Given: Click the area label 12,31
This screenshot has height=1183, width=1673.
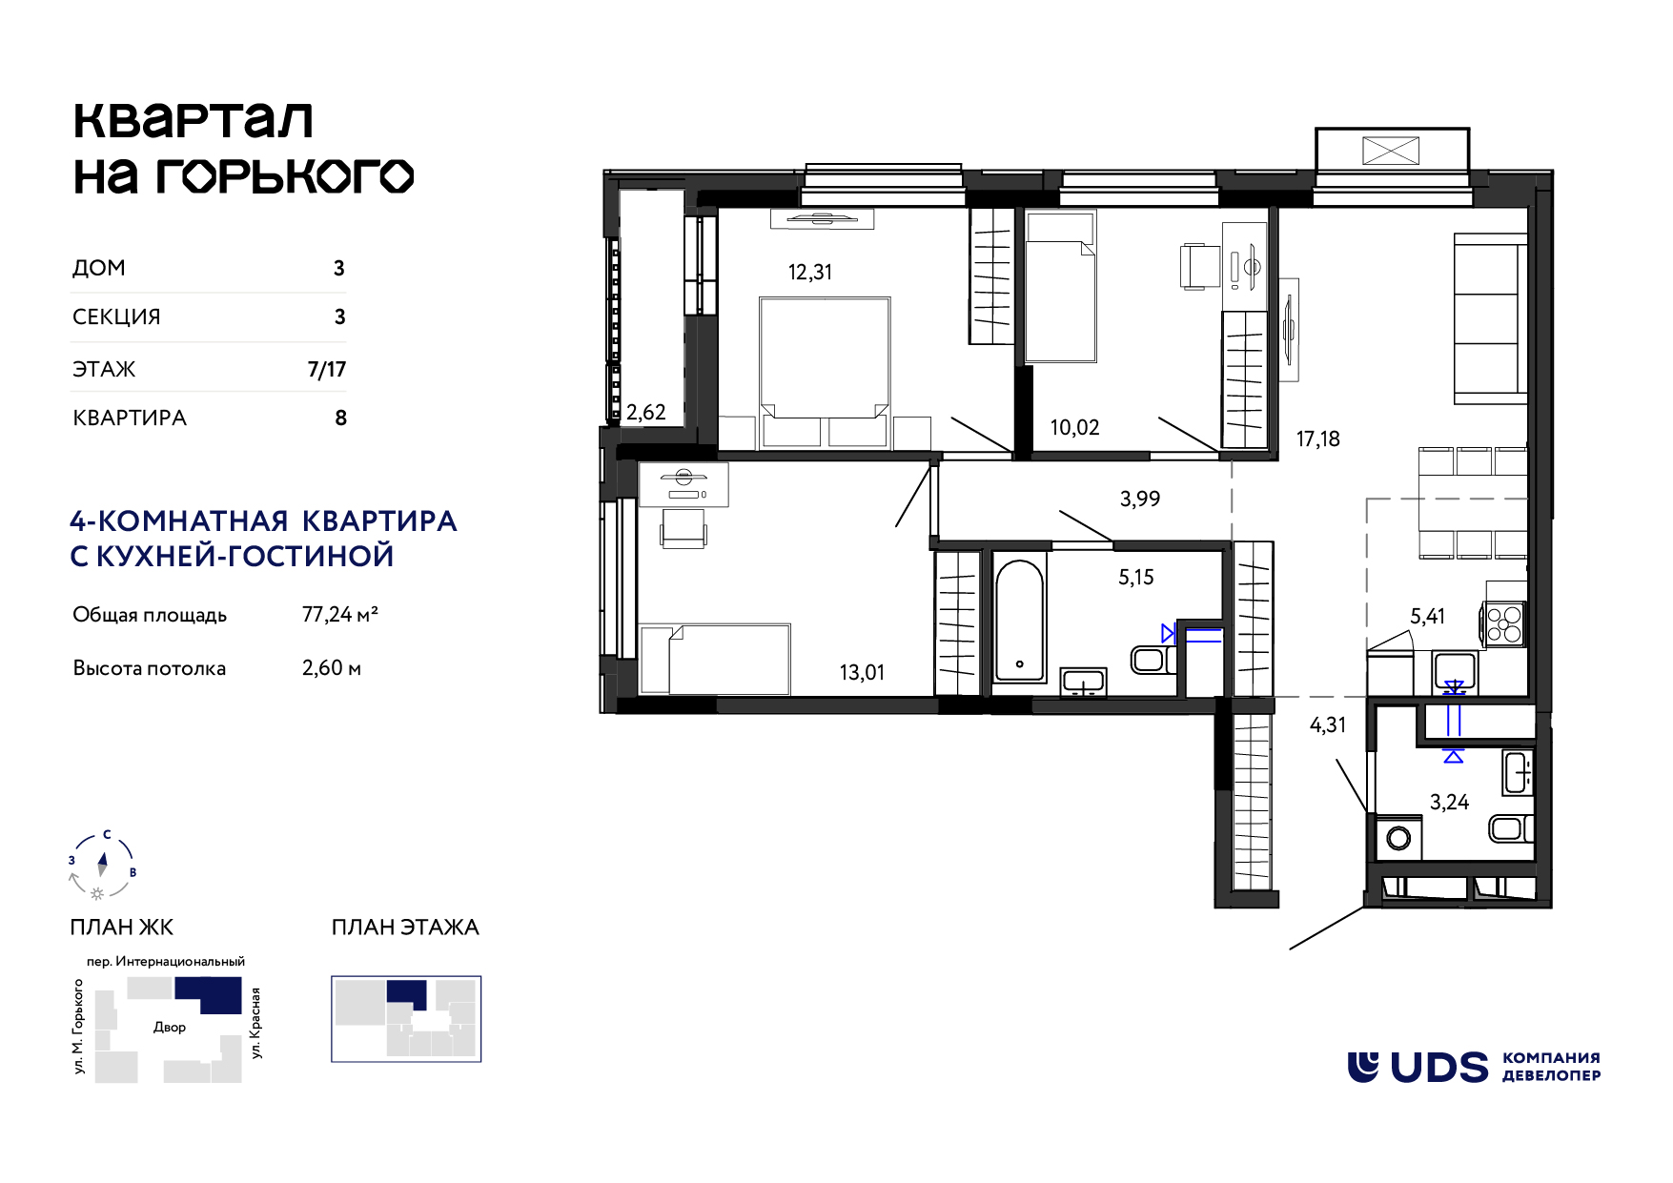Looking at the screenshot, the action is click(809, 273).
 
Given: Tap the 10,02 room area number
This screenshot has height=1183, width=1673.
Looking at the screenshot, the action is click(1074, 428).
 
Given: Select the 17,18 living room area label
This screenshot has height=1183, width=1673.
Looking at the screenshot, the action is click(1317, 439).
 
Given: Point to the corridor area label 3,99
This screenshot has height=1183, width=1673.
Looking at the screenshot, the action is click(1140, 500).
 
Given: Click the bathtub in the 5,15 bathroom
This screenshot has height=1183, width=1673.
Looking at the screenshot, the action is click(1019, 621).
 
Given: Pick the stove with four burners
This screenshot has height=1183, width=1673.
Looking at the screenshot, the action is click(1504, 623).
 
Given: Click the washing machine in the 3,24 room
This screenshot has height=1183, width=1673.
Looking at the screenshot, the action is click(1398, 838).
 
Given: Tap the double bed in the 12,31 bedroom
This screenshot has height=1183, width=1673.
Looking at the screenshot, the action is click(825, 373).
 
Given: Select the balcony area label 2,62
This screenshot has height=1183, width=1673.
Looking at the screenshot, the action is click(645, 413).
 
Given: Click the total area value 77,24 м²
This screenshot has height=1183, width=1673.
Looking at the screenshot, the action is click(340, 615).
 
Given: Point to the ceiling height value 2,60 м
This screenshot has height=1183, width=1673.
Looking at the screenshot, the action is click(332, 668).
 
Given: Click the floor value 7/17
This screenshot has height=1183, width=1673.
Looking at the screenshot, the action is click(327, 370).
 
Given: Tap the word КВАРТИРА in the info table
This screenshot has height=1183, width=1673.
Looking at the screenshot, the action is click(130, 418).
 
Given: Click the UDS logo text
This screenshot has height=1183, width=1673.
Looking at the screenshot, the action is click(1438, 1068).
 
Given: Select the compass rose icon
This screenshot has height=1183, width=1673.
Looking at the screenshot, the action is click(102, 865).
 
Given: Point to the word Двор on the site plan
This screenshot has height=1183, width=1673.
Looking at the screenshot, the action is click(170, 1028).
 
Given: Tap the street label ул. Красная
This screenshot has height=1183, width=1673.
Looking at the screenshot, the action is click(255, 1023).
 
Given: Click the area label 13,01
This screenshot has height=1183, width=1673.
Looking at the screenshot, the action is click(862, 673).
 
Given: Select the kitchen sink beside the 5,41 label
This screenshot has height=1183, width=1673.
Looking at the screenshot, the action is click(1455, 671).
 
